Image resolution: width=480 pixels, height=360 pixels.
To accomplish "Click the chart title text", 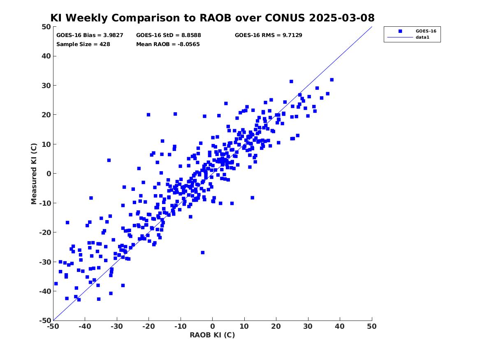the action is click(x=212, y=18).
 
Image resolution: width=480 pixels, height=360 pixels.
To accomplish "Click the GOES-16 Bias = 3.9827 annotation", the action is click(x=90, y=35).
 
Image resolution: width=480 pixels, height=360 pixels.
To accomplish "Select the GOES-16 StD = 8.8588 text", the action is click(x=169, y=35).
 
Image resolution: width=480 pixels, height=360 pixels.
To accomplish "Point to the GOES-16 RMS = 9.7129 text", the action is click(x=269, y=35).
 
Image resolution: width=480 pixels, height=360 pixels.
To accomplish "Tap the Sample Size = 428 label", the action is click(x=83, y=44).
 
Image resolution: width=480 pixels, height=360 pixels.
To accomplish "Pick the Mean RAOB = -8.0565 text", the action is click(x=168, y=44).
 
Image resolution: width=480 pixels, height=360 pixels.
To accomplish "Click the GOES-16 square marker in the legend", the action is click(x=400, y=31).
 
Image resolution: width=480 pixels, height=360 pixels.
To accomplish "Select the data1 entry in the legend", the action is click(x=422, y=37).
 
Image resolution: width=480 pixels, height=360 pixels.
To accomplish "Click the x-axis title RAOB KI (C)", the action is click(x=212, y=335).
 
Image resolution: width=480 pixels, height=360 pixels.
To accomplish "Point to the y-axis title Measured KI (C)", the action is click(x=34, y=174).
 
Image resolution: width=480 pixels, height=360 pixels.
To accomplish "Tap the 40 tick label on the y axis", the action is click(x=46, y=56).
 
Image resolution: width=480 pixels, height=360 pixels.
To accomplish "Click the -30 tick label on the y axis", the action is click(x=45, y=262).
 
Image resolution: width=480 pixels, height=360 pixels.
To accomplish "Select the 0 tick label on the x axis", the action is click(x=213, y=326).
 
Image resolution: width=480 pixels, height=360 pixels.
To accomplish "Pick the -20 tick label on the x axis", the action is click(x=148, y=326).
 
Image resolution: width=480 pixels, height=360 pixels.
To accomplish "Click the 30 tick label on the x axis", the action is click(x=308, y=326).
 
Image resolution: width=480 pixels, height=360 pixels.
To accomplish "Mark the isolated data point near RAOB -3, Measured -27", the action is click(x=203, y=253).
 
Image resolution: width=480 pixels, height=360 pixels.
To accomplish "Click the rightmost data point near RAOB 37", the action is click(x=332, y=80).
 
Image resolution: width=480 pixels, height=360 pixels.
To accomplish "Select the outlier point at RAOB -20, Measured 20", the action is click(x=148, y=115).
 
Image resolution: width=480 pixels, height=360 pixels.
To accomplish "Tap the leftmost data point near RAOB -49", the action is click(x=56, y=284).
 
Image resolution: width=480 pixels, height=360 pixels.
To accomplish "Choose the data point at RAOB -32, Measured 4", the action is click(x=109, y=160).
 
